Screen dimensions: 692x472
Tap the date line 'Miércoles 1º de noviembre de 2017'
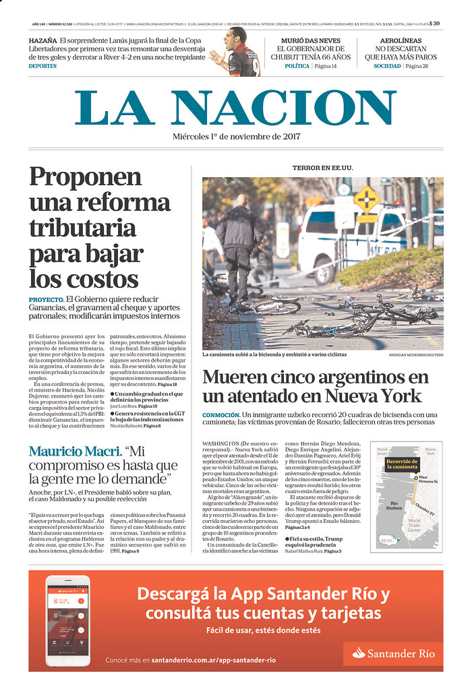pos(236,137)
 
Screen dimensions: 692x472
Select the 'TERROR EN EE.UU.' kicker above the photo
pos(322,168)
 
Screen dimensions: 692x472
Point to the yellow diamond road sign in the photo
pos(367,199)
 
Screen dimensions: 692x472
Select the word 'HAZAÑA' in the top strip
pos(42,40)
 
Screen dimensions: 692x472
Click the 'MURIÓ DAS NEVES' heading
pos(310,40)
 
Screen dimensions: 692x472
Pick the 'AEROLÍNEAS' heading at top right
pos(401,40)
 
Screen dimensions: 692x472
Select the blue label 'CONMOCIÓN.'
pos(220,414)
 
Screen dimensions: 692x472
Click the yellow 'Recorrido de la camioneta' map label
pos(403,464)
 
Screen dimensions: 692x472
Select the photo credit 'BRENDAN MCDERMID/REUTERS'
pos(415,354)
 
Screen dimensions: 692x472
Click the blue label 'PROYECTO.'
pos(46,298)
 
